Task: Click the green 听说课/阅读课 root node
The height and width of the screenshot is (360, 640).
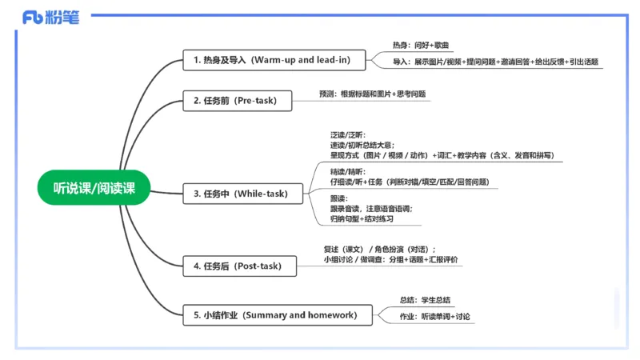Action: (x=94, y=189)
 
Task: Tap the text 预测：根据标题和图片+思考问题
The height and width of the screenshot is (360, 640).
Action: (x=372, y=94)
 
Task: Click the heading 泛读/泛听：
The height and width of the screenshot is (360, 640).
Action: (x=347, y=134)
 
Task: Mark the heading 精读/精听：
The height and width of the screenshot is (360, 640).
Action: (x=347, y=172)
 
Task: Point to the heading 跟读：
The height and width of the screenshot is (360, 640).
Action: (x=338, y=198)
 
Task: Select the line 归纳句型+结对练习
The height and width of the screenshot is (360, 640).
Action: (x=362, y=218)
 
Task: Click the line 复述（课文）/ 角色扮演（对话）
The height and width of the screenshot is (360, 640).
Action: (x=379, y=249)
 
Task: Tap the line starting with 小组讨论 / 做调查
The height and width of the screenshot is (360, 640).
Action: (x=391, y=259)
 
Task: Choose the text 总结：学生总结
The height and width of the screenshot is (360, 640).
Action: (x=426, y=300)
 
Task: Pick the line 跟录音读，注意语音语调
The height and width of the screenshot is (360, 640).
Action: (x=371, y=208)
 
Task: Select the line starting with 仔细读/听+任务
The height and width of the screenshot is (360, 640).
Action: (x=409, y=182)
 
